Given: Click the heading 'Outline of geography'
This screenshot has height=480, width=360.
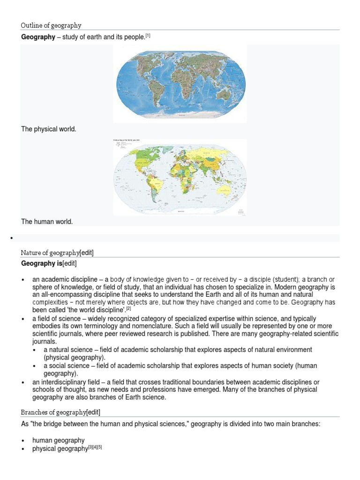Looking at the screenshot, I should click(x=51, y=25).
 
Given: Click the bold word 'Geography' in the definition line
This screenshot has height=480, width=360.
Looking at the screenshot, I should click(x=38, y=37).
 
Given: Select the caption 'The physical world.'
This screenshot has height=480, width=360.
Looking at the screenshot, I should click(x=48, y=129).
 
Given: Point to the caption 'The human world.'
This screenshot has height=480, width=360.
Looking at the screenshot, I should click(x=47, y=222).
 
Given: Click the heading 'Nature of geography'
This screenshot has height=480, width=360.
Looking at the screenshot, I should click(x=50, y=253).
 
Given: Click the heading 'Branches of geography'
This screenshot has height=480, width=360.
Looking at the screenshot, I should click(x=53, y=412).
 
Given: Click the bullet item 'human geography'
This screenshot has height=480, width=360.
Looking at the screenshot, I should click(x=58, y=440).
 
